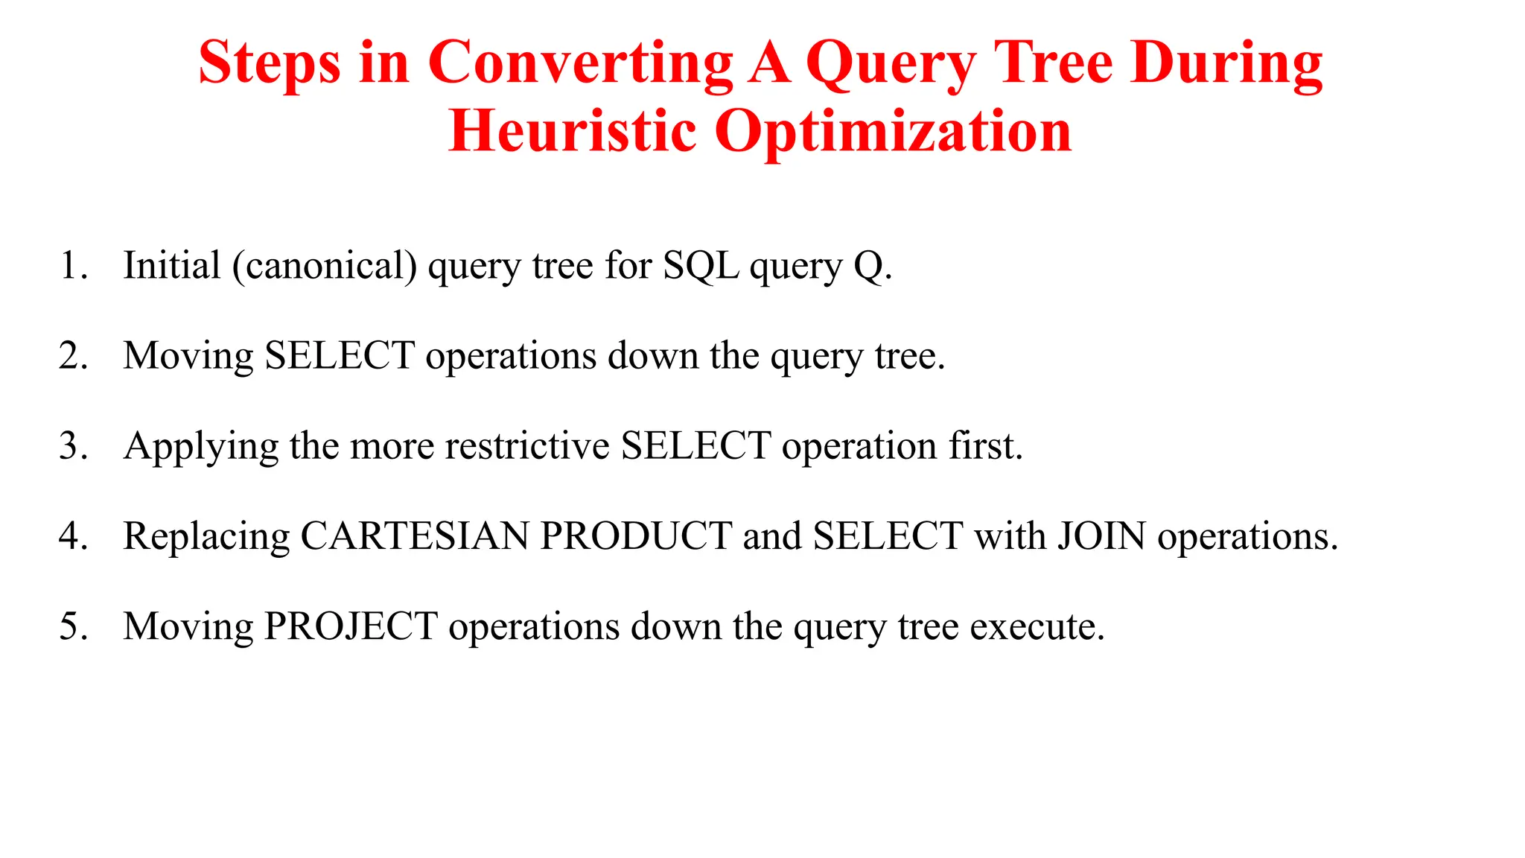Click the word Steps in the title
[x=270, y=64]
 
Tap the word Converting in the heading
[x=580, y=64]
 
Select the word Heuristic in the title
[x=572, y=132]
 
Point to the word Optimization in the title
[x=893, y=132]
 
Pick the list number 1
[x=72, y=266]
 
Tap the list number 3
[x=72, y=446]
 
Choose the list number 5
[x=72, y=626]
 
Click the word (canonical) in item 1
[x=325, y=267]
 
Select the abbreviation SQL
[x=701, y=267]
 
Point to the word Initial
[x=172, y=266]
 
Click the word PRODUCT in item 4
[x=636, y=536]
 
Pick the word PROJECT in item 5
[x=351, y=626]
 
